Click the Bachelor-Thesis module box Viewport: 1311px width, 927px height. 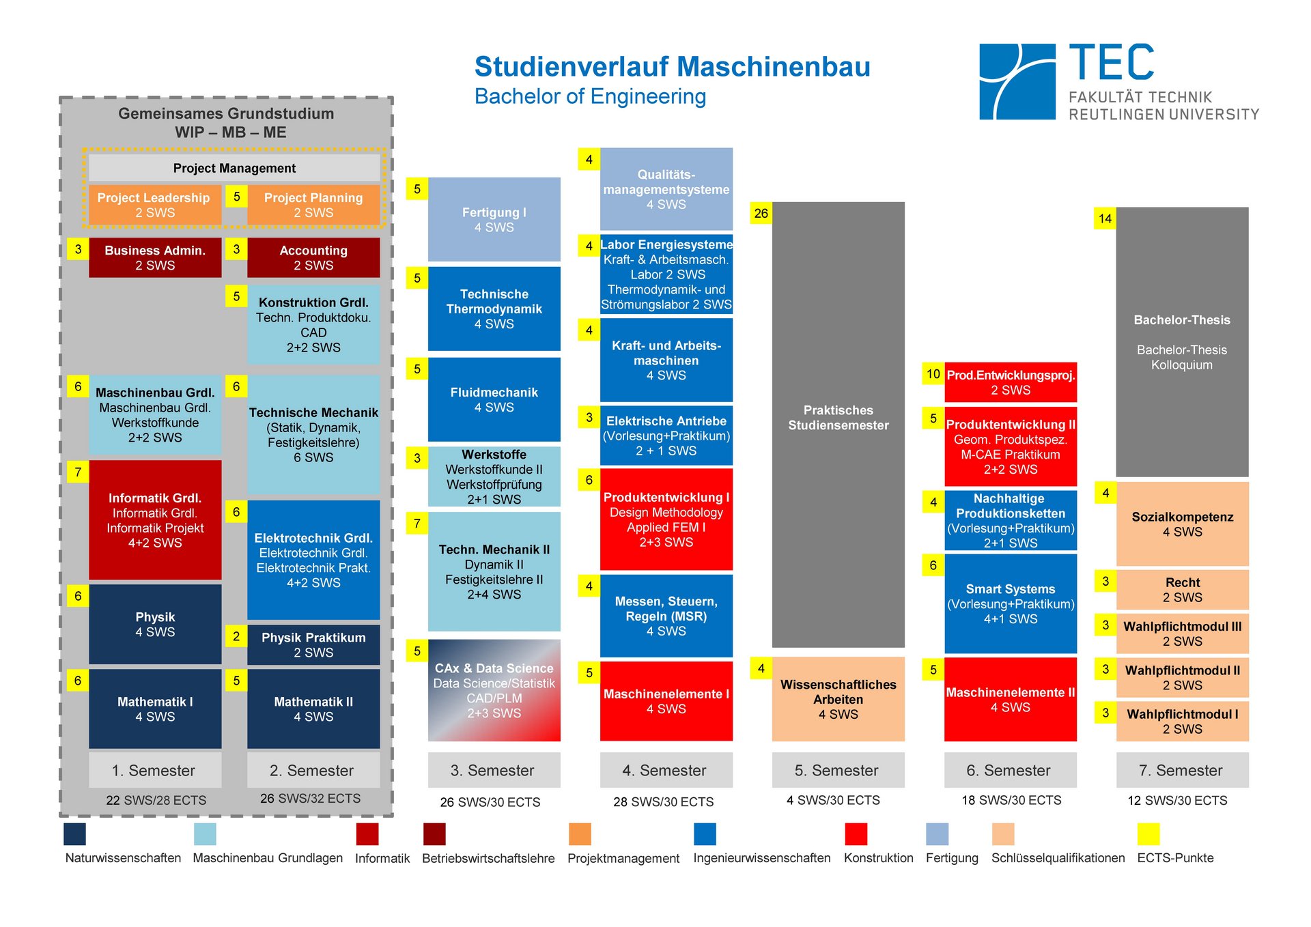[1182, 341]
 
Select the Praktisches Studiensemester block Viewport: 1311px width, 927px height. [838, 423]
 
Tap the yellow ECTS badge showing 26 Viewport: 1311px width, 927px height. [761, 213]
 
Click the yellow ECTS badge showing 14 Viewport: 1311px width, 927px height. [1105, 218]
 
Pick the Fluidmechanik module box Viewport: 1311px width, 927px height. [494, 399]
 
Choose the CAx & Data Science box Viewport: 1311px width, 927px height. [494, 690]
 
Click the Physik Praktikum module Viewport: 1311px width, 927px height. [313, 644]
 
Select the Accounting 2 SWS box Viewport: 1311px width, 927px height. [313, 257]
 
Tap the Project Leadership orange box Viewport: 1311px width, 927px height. [154, 204]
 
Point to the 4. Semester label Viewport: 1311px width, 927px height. [666, 770]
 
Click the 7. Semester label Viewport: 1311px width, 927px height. [1182, 770]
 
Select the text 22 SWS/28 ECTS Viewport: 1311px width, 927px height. [156, 800]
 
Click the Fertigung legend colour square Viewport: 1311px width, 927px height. [937, 834]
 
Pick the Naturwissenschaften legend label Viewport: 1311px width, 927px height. [123, 858]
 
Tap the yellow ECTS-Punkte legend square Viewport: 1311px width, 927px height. [1148, 834]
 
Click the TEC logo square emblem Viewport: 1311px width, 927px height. [1017, 82]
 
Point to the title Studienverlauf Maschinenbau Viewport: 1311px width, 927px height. [672, 67]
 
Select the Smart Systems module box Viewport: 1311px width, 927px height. [1010, 603]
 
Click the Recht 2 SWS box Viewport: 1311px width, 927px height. [1182, 590]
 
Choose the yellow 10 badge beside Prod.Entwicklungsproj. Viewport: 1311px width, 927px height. [933, 373]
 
